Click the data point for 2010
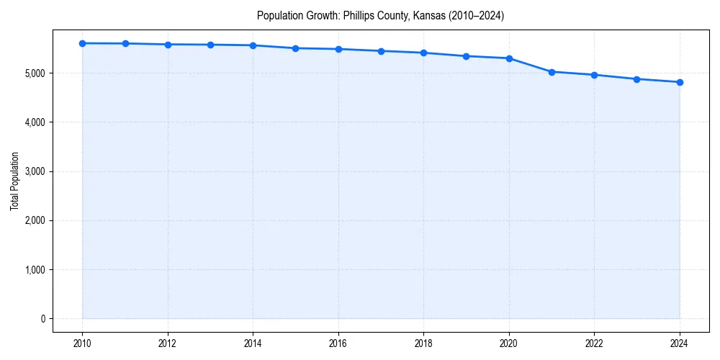(x=83, y=43)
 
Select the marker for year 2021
(x=552, y=72)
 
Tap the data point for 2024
(x=680, y=82)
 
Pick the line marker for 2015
(x=296, y=48)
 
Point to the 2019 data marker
(x=467, y=56)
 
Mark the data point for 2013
(x=210, y=45)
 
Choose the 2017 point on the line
(x=381, y=51)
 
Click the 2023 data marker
(x=637, y=79)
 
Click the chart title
(x=380, y=15)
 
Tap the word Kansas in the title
(x=428, y=15)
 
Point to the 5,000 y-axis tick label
(x=35, y=73)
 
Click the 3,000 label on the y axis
(x=35, y=171)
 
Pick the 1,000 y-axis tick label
(x=35, y=270)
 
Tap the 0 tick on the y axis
(x=42, y=319)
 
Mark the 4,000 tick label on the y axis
(x=35, y=122)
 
